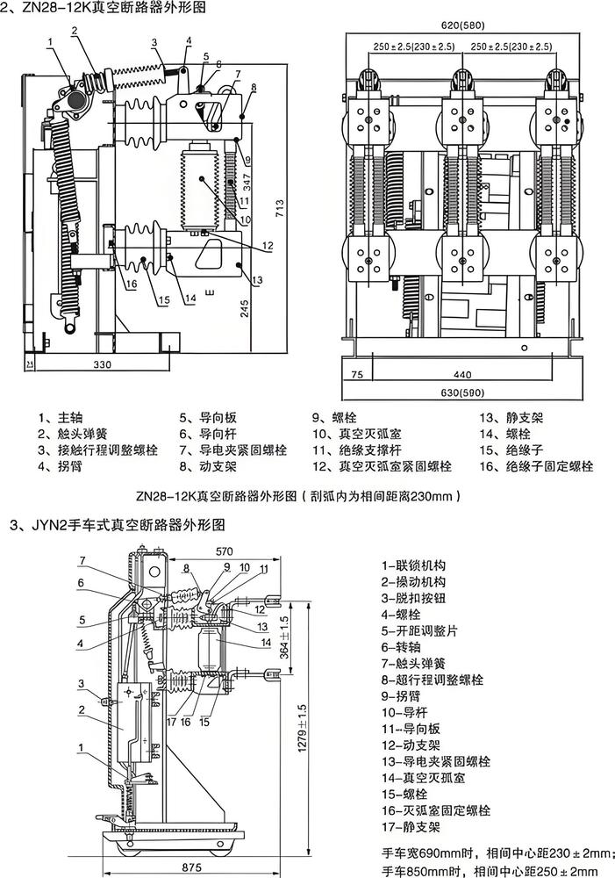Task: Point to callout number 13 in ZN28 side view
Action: point(257,280)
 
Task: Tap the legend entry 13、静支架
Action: point(507,418)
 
